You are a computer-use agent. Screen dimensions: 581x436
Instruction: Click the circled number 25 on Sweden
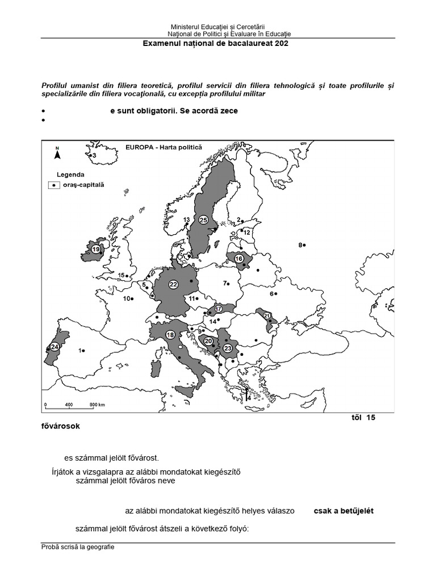click(203, 220)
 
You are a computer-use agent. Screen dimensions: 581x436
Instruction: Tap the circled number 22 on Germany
click(174, 284)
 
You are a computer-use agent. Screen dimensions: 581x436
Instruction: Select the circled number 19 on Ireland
click(96, 249)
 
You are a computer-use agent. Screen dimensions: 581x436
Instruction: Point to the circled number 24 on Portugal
click(55, 347)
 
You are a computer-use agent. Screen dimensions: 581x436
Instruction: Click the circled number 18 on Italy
click(170, 334)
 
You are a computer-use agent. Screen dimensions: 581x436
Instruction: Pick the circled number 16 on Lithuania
click(238, 258)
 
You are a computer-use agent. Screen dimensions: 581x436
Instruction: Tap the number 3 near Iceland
click(94, 155)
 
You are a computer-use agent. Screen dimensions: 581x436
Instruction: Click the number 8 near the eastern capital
click(300, 245)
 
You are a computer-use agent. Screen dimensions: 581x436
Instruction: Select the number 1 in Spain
click(80, 351)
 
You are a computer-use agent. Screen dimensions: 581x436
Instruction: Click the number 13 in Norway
click(186, 220)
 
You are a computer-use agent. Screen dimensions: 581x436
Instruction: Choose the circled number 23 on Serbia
click(228, 348)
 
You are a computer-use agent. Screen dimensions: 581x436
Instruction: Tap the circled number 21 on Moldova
click(266, 316)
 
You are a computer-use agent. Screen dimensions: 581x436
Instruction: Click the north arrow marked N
click(57, 151)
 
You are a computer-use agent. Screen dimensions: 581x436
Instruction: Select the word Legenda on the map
click(70, 174)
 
